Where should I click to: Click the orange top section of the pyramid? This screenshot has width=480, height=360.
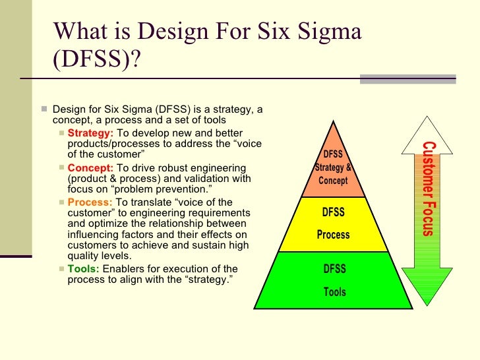[x=334, y=169]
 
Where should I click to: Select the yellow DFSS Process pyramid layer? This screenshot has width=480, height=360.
[x=334, y=224]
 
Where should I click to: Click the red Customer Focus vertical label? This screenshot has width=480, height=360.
[x=428, y=189]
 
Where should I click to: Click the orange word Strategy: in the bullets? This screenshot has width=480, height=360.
[x=90, y=134]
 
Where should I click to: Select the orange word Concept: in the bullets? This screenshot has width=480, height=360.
[x=90, y=168]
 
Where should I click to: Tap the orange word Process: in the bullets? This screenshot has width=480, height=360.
[x=90, y=202]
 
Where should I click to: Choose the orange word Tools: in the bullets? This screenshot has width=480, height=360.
[x=83, y=269]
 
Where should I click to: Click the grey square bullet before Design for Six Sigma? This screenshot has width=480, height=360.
[x=43, y=109]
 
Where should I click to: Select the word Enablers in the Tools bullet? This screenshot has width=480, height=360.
[x=123, y=269]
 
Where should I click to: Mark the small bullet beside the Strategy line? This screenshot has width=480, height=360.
[x=61, y=134]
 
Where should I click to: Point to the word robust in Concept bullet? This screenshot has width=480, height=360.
[x=174, y=168]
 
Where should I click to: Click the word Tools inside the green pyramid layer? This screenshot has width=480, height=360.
[x=334, y=292]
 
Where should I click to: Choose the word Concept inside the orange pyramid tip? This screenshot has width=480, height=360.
[x=334, y=180]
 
